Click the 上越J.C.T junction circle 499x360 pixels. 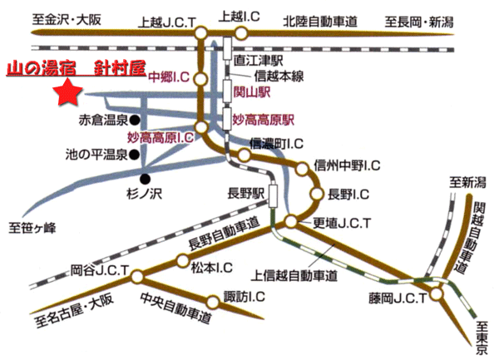[x=200, y=33]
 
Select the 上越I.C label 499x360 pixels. [x=236, y=15]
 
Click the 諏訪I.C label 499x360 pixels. [x=245, y=297]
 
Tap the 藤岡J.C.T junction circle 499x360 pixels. [x=437, y=294]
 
